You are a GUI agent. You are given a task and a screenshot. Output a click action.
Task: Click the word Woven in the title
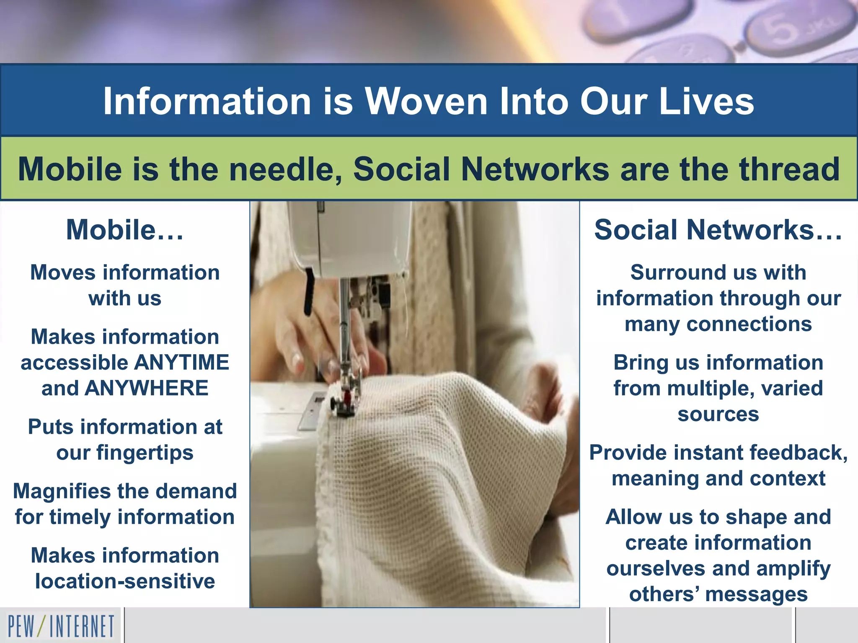pyautogui.click(x=426, y=101)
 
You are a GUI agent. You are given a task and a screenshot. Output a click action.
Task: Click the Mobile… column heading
pyautogui.click(x=125, y=230)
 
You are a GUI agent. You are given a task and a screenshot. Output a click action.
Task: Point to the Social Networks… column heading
pyautogui.click(x=718, y=230)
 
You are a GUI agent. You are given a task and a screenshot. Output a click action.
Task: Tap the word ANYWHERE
pyautogui.click(x=146, y=388)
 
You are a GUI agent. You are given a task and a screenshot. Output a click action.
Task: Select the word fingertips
pyautogui.click(x=145, y=453)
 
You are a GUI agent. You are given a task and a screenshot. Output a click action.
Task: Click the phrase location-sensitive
pyautogui.click(x=125, y=581)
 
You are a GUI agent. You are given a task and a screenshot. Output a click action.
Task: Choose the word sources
pyautogui.click(x=718, y=414)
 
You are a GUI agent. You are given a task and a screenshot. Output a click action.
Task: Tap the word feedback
pyautogui.click(x=798, y=453)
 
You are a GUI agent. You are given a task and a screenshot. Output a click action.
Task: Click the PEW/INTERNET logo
pyautogui.click(x=61, y=626)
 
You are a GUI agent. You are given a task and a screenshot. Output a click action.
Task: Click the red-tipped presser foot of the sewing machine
pyautogui.click(x=346, y=398)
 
